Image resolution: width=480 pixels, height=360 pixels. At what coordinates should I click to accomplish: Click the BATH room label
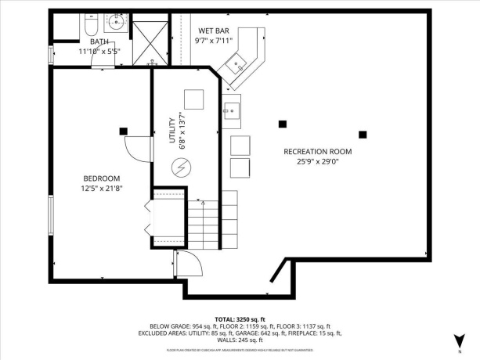[99, 41]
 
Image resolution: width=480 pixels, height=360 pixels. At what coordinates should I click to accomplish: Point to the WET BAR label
[213, 31]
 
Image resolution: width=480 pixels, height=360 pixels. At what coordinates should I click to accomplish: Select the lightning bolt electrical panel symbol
[182, 167]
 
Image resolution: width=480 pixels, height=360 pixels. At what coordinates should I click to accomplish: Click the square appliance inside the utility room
[192, 99]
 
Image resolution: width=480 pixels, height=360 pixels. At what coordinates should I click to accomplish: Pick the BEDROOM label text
[102, 178]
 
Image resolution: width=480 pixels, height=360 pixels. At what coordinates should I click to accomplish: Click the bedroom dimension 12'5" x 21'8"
[102, 188]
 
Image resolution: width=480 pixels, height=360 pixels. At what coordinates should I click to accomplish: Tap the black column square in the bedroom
[123, 131]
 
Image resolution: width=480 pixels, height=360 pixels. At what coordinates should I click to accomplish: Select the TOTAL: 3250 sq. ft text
[240, 319]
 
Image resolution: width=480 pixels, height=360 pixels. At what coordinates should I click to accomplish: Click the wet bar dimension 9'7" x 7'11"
[213, 41]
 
